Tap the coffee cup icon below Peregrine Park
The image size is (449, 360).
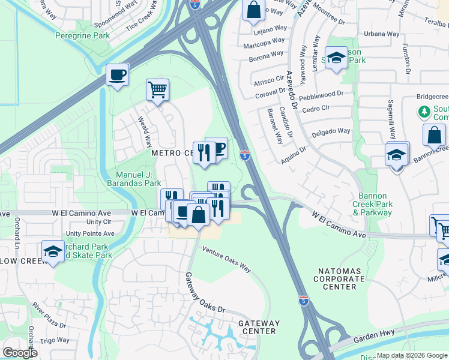pos(117,76)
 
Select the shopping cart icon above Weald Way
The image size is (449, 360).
pos(157,91)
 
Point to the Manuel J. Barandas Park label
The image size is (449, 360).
pos(134,179)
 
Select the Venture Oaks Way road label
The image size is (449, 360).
pos(226,259)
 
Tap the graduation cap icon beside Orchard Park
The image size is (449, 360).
pos(53,252)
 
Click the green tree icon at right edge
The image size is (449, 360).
pos(424,112)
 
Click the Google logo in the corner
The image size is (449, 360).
pos(20,353)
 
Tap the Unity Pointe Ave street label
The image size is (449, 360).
pos(90,233)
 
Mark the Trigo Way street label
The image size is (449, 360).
pos(55,340)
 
